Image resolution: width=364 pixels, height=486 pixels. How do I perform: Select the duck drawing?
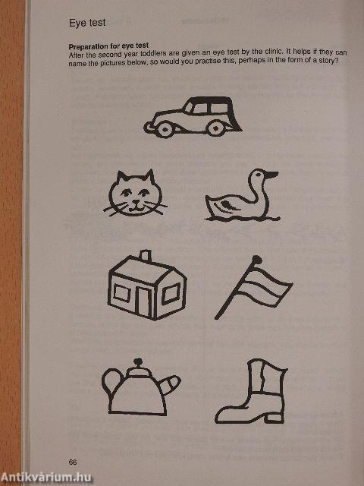pos(240,197)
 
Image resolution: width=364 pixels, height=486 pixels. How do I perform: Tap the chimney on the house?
pos(145,255)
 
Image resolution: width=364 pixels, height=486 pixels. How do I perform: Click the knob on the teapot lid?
pos(138,364)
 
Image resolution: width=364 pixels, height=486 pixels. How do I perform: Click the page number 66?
pos(73,462)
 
